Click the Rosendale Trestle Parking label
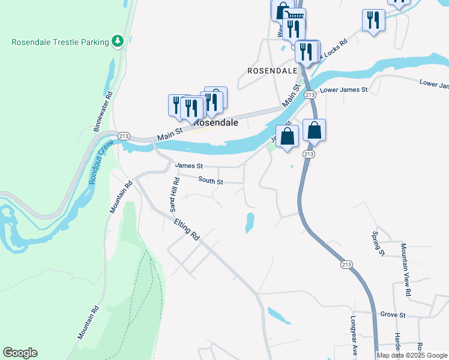click(60, 41)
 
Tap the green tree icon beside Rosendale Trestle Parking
click(119, 41)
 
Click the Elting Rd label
click(186, 230)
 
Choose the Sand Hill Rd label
click(174, 194)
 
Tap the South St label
click(211, 180)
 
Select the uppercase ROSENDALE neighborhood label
click(273, 71)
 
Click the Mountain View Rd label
click(405, 271)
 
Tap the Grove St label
click(393, 314)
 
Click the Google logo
click(20, 353)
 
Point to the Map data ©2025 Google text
click(412, 355)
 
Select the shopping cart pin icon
click(295, 16)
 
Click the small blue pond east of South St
click(249, 223)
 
